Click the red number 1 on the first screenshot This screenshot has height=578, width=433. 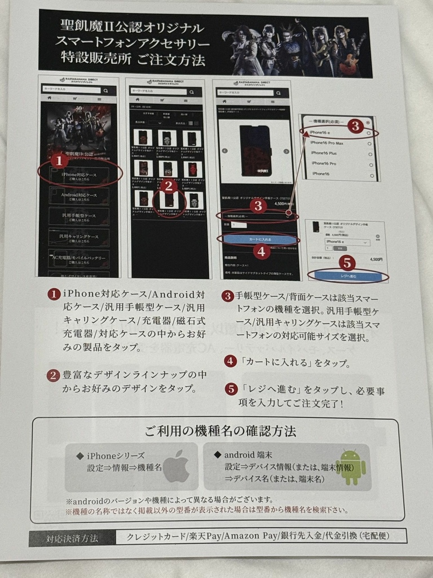(x=60, y=160)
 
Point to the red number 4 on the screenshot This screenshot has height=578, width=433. (x=261, y=252)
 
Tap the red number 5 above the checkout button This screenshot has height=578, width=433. (x=347, y=262)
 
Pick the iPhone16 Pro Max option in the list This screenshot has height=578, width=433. (x=329, y=143)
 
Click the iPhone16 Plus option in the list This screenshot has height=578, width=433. (x=325, y=153)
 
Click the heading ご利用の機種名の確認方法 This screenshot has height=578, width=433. (x=220, y=432)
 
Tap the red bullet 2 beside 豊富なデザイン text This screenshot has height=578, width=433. (x=53, y=375)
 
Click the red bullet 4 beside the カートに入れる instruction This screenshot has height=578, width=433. (x=230, y=362)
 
